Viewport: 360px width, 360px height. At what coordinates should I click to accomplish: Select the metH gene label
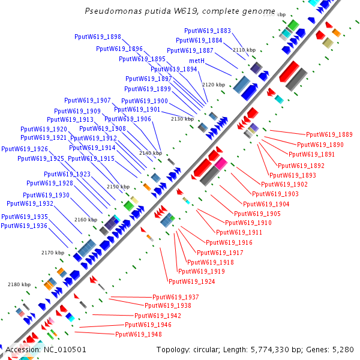point(197,61)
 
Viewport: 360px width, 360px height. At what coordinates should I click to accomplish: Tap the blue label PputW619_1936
point(24,226)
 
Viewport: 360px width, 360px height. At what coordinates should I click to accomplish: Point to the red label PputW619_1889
point(329,135)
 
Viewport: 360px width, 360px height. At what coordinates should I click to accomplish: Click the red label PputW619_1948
point(139,334)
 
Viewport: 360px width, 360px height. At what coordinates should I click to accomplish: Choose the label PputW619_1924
point(192,281)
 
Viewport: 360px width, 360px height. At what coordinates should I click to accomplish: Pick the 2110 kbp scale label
point(244,50)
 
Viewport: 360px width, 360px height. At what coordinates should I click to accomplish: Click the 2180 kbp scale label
point(19,284)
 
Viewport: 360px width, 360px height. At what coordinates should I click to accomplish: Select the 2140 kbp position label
point(150,154)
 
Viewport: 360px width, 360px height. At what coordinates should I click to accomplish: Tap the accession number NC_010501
point(64,350)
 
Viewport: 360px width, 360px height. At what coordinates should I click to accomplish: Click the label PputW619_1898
point(98,37)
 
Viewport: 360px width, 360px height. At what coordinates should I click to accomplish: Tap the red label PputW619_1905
point(257,214)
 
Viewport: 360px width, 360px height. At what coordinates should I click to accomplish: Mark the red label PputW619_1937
point(176,298)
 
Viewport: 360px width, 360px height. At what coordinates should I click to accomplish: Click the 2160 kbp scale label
point(86,220)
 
